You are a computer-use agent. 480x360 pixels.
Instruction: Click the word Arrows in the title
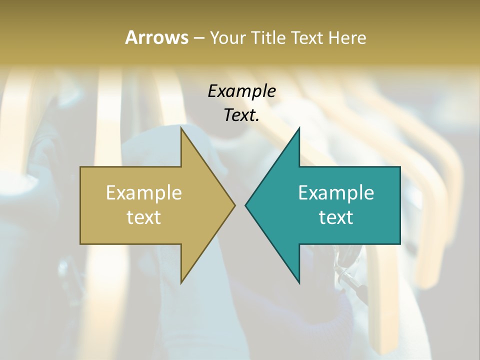point(157,37)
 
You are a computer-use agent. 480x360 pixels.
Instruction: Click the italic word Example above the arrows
point(241,91)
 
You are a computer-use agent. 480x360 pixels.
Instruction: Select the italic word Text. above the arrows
point(241,115)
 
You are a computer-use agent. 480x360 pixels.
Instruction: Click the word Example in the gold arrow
point(144,193)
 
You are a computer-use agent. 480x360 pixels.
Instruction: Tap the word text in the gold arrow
point(144,217)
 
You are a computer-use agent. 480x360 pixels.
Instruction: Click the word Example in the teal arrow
point(336,193)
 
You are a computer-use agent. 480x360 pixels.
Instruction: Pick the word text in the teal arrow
point(336,217)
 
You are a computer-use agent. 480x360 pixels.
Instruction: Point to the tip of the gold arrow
point(234,205)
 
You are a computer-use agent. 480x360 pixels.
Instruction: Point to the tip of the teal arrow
point(246,205)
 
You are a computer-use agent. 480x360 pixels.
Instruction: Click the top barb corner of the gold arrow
point(181,128)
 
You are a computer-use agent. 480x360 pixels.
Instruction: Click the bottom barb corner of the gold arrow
point(181,282)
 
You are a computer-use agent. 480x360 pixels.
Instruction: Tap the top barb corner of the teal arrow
point(299,128)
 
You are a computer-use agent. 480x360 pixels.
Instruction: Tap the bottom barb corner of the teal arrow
point(299,282)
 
